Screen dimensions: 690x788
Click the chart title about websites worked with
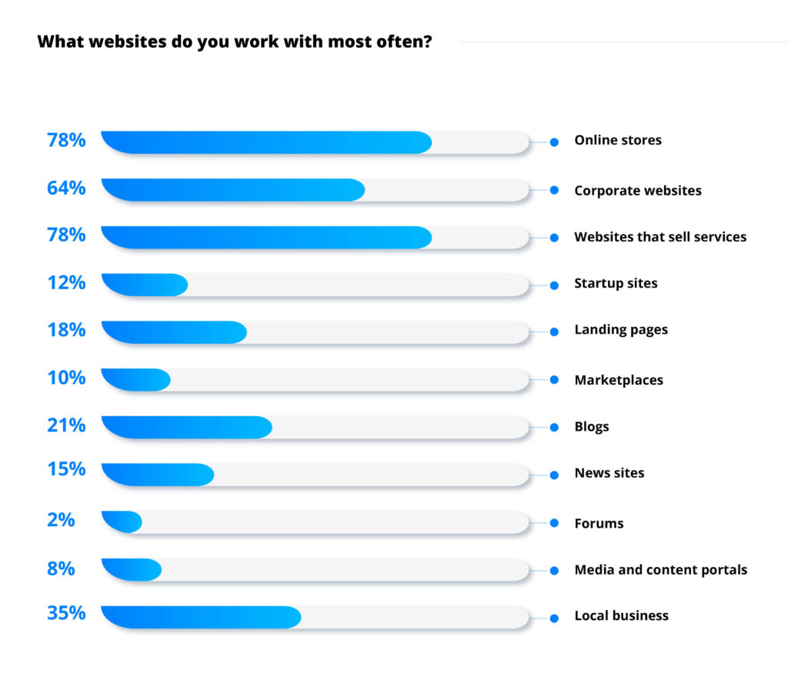234,42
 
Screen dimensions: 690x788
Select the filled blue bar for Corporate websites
232,190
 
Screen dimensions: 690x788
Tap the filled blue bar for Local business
201,617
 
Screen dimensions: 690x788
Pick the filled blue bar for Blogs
186,427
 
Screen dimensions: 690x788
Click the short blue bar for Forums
122,522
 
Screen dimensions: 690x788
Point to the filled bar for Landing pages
174,332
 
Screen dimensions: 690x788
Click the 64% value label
66,188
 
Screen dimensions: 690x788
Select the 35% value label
66,614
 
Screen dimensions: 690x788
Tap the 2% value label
61,520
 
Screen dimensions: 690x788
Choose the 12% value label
66,282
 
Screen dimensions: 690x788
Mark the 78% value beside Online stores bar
66,140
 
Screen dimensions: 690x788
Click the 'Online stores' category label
618,140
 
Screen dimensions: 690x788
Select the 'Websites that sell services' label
660,237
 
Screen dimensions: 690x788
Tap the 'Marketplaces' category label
619,380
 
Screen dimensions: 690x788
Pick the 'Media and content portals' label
660,570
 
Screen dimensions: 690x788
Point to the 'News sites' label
609,473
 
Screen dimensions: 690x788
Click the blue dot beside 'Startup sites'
554,285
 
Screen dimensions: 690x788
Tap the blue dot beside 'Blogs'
554,427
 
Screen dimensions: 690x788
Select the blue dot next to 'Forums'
554,522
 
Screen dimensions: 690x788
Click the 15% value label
66,468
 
